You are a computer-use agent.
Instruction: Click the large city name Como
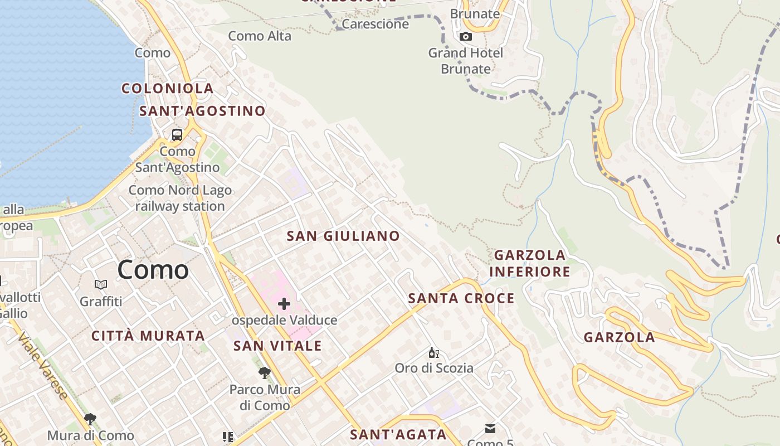[x=153, y=270]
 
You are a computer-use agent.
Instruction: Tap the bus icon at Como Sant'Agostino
[x=177, y=134]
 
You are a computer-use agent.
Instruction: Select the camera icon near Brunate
[x=466, y=37]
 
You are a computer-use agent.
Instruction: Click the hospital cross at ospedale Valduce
[x=284, y=304]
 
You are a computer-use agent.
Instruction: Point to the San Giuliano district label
[x=343, y=236]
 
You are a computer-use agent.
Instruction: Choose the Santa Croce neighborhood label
[x=461, y=298]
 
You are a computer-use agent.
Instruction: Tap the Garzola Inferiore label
[x=530, y=263]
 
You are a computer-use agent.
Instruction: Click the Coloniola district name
[x=168, y=88]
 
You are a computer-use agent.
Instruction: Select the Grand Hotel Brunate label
[x=465, y=61]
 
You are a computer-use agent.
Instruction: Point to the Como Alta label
[x=260, y=36]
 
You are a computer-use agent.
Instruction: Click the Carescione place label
[x=376, y=24]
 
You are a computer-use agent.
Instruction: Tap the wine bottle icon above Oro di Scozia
[x=433, y=352]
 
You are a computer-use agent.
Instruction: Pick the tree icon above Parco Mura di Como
[x=265, y=372]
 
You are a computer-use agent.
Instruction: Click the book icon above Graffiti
[x=101, y=285]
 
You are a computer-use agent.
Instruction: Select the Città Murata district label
[x=148, y=336]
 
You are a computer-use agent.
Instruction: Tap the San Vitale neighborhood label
[x=277, y=346]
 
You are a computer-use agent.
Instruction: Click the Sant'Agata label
[x=398, y=434]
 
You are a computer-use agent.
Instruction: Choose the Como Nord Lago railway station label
[x=180, y=198]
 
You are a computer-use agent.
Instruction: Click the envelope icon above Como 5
[x=490, y=428]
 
